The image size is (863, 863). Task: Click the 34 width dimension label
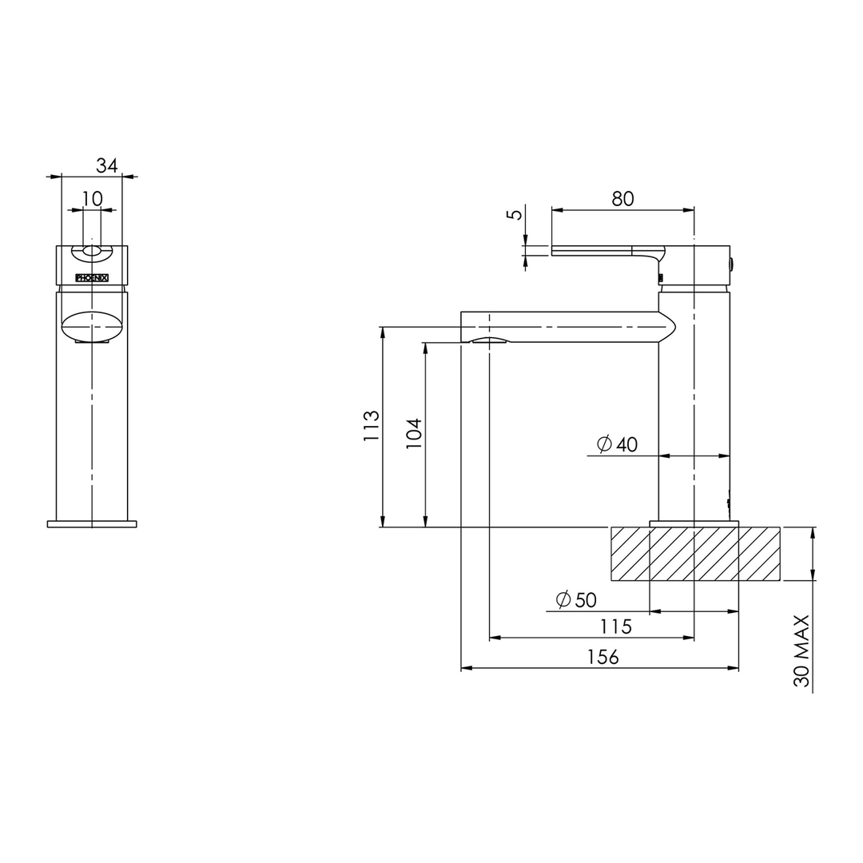click(107, 165)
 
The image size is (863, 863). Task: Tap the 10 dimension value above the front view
click(93, 199)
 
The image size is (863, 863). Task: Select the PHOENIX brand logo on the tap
click(92, 278)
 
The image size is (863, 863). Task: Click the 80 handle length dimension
click(622, 199)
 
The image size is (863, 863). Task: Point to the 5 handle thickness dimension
click(515, 214)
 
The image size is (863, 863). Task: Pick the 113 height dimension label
click(372, 425)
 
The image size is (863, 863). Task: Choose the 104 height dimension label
click(414, 433)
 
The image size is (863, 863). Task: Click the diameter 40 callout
click(617, 443)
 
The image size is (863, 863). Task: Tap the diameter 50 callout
click(576, 599)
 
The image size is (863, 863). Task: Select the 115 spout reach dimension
click(615, 626)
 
